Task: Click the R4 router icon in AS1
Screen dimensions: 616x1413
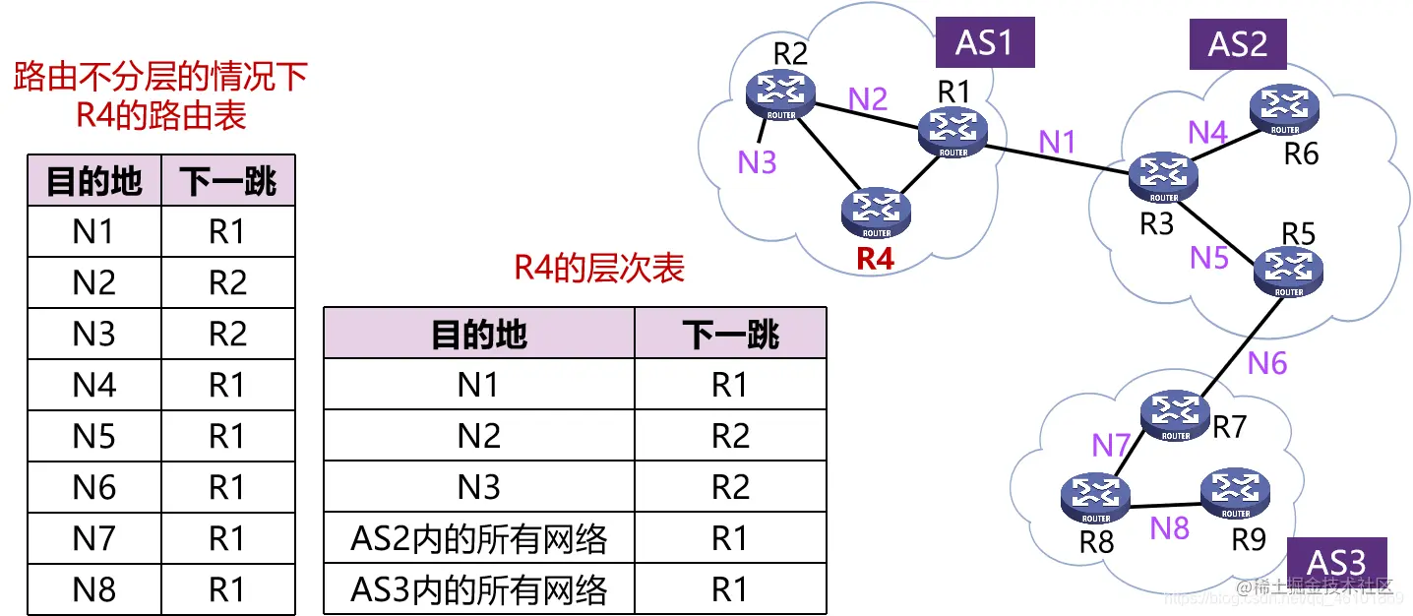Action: click(x=876, y=211)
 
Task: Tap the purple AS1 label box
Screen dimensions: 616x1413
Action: click(x=983, y=42)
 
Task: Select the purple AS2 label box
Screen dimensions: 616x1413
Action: click(x=1237, y=43)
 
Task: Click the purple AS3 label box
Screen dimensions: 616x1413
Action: click(x=1336, y=562)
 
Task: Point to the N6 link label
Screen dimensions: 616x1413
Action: click(x=1266, y=363)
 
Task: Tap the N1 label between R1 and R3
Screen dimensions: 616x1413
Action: click(x=1057, y=143)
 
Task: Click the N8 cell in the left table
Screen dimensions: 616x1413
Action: click(x=94, y=589)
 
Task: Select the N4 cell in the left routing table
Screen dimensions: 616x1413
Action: click(x=94, y=385)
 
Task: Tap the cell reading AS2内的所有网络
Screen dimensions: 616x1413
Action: click(x=479, y=538)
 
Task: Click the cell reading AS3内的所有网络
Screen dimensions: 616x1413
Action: click(x=479, y=589)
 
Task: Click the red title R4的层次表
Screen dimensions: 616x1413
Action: click(x=599, y=269)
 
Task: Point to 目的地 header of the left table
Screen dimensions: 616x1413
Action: click(x=94, y=181)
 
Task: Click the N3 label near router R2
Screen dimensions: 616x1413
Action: click(x=757, y=162)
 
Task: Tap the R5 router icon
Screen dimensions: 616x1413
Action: click(x=1288, y=271)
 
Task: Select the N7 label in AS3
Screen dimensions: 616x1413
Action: click(x=1111, y=445)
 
